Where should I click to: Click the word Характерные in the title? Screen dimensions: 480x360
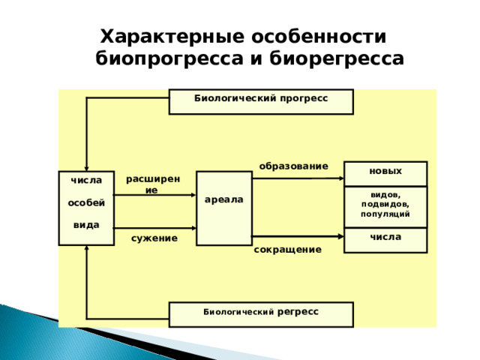pos(172,37)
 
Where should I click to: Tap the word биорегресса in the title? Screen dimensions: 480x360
pos(337,58)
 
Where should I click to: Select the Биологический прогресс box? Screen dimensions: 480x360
pos(261,102)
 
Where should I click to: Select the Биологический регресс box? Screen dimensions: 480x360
pos(261,315)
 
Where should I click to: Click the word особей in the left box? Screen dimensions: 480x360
pos(86,202)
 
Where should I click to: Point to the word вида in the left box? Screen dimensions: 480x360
pos(86,225)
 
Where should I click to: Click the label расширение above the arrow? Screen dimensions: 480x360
pos(153,184)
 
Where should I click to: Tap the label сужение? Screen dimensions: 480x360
pos(154,238)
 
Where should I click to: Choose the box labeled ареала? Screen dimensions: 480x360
pos(224,208)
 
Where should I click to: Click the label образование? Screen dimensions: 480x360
pos(293,166)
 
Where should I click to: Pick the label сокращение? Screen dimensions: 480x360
pos(288,250)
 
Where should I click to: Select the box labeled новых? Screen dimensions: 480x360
pos(385,173)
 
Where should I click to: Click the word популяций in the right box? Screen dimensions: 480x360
pos(385,214)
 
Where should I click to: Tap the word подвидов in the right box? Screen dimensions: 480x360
pos(385,204)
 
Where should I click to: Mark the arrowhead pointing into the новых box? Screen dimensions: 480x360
pos(342,178)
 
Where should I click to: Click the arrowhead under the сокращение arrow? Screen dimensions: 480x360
pos(340,236)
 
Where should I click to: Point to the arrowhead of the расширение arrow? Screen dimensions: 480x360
pos(193,195)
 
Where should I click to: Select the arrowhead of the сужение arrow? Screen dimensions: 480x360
pos(193,228)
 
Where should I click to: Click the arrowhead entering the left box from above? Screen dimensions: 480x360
pos(87,168)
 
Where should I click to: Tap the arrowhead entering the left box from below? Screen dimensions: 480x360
pos(87,248)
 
